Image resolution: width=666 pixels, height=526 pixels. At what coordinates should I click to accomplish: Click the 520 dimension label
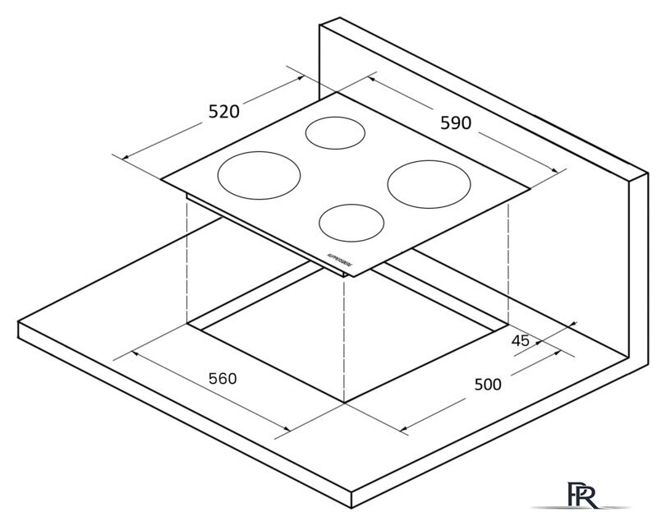[x=223, y=112]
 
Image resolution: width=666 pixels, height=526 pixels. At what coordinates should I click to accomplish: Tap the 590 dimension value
[x=456, y=123]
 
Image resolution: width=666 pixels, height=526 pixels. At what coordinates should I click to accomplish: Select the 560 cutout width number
[x=222, y=379]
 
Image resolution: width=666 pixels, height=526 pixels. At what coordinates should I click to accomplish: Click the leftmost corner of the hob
[x=162, y=179]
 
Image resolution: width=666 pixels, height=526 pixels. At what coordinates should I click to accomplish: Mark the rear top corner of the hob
[x=336, y=92]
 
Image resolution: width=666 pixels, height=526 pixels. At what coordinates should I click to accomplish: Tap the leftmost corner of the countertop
[x=19, y=324]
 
